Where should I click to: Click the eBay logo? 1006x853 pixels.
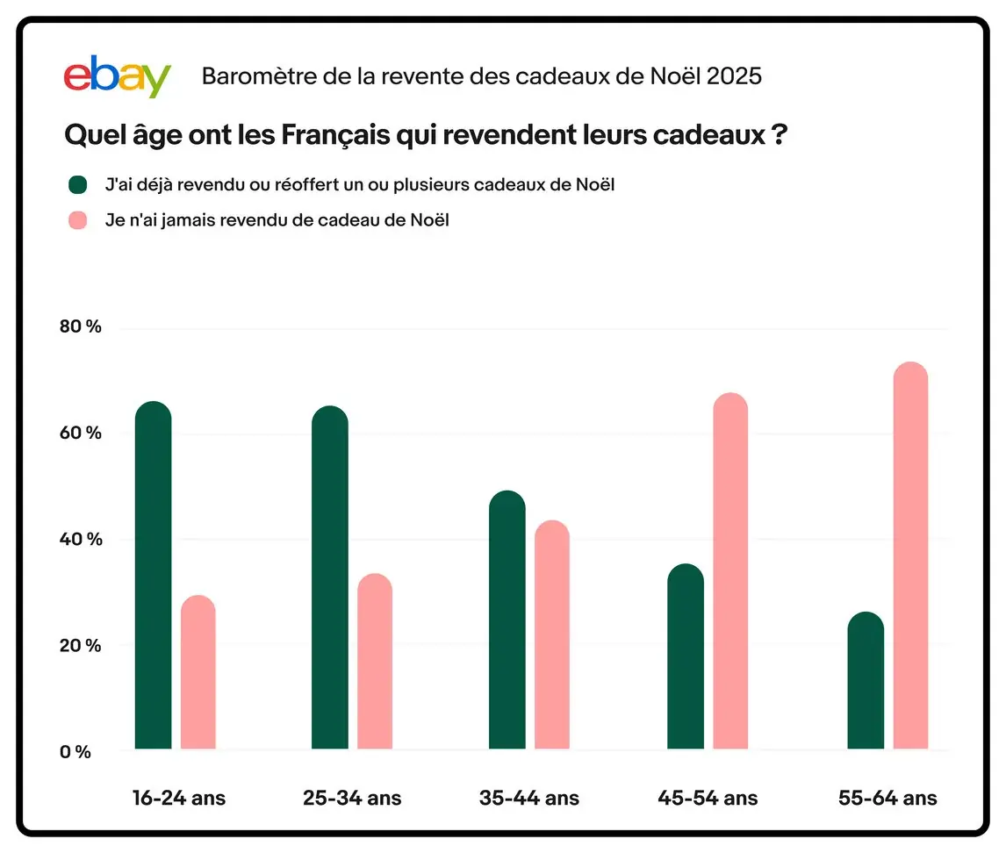pyautogui.click(x=117, y=76)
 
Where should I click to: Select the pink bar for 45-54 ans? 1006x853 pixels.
pyautogui.click(x=730, y=570)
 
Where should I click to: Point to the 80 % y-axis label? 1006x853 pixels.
pyautogui.click(x=81, y=327)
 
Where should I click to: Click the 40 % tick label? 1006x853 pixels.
pyautogui.click(x=81, y=539)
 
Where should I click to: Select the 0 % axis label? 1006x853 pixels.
pyautogui.click(x=75, y=751)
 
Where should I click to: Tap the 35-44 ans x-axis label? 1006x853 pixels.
pyautogui.click(x=529, y=799)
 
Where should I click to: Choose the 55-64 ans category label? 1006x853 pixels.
pyautogui.click(x=887, y=799)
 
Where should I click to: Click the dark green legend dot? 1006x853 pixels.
pyautogui.click(x=78, y=184)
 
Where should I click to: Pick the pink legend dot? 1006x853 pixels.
pyautogui.click(x=78, y=220)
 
